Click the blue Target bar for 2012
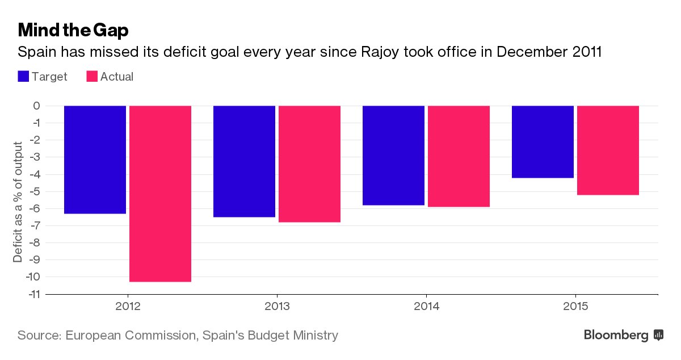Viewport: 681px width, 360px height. point(95,160)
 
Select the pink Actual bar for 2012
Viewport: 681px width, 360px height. point(160,194)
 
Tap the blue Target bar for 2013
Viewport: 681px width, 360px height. point(244,161)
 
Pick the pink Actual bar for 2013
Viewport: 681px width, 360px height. point(309,164)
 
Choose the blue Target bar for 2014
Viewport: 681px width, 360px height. point(393,155)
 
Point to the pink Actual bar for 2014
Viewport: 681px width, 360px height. point(459,156)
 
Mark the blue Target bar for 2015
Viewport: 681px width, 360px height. point(543,141)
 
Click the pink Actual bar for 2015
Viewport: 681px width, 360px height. point(608,150)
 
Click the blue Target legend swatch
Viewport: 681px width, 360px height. point(23,77)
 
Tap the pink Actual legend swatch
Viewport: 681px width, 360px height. point(91,77)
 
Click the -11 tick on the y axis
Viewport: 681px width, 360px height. point(33,294)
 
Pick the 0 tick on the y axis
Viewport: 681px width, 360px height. point(36,106)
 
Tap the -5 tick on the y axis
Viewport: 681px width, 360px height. point(35,191)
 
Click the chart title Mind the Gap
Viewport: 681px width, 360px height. point(73,30)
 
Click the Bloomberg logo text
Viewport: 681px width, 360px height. point(616,336)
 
